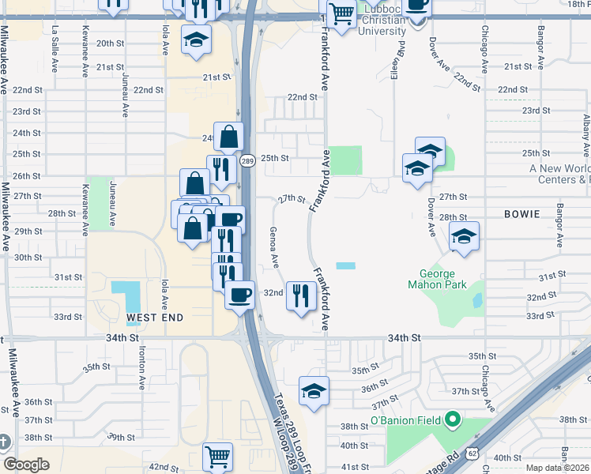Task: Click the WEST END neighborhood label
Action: (x=155, y=318)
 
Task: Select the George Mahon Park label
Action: (x=437, y=279)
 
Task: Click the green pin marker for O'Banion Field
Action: (x=452, y=419)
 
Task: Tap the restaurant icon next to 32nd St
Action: (x=300, y=296)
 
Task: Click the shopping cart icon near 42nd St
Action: (x=217, y=456)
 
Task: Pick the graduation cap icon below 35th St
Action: (x=314, y=390)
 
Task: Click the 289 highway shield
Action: (x=247, y=161)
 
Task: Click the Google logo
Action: (x=27, y=465)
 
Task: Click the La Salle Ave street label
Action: (x=55, y=38)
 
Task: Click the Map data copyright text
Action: (x=558, y=468)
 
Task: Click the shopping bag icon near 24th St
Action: (x=228, y=137)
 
